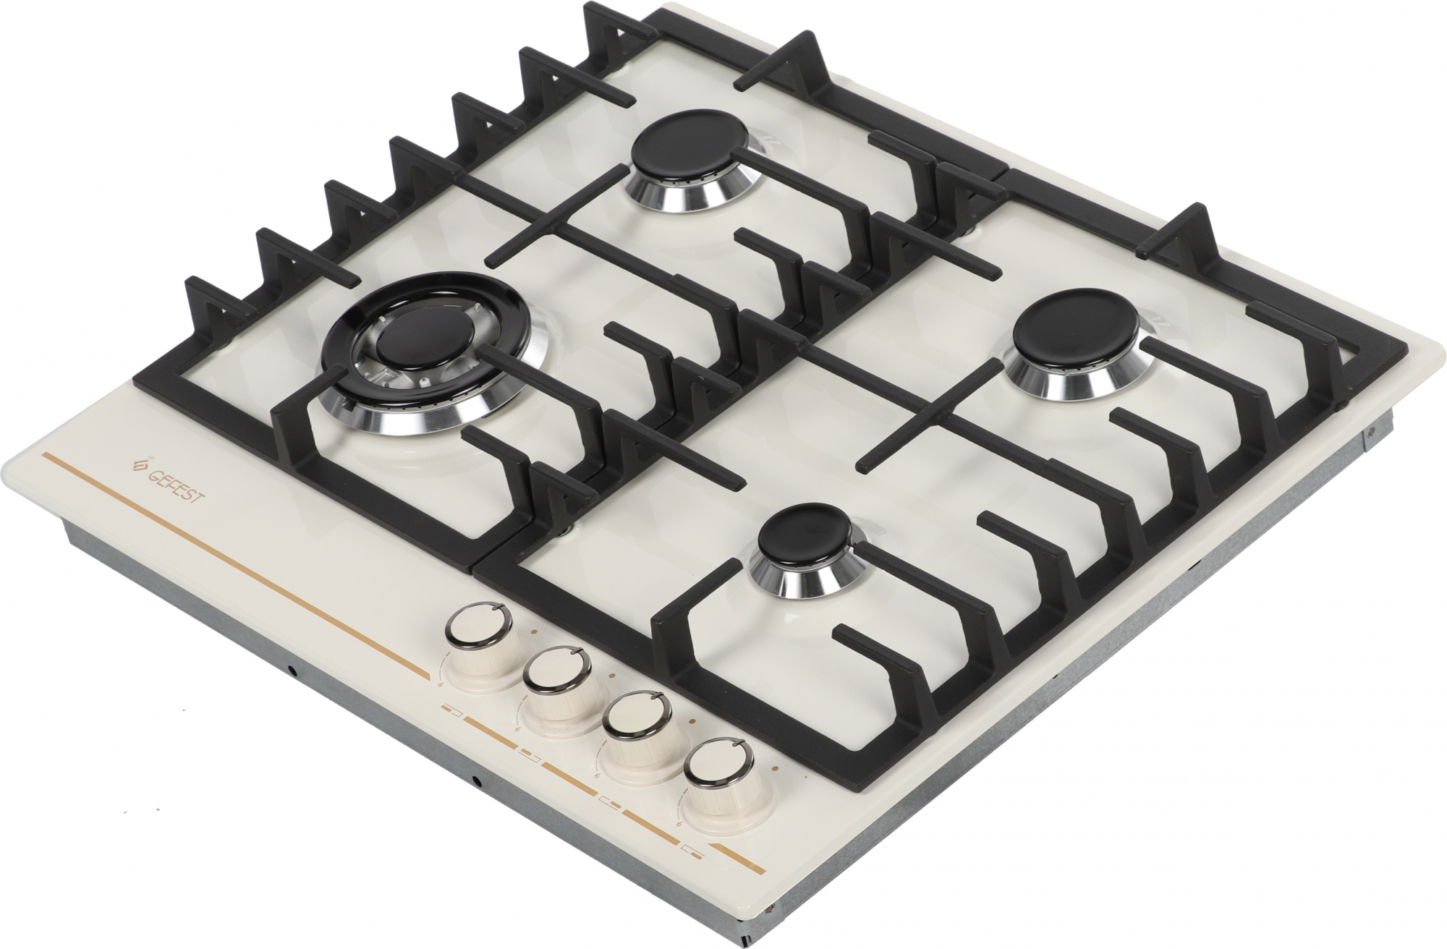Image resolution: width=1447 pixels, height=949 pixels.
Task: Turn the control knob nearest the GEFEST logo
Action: pyautogui.click(x=479, y=651)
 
